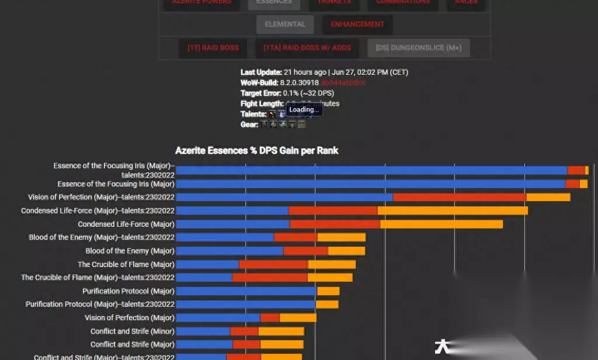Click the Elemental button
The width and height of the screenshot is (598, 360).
[285, 25]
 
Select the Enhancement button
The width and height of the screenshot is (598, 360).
[357, 25]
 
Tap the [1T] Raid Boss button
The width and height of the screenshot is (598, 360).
[213, 48]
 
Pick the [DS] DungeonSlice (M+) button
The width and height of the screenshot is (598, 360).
[418, 48]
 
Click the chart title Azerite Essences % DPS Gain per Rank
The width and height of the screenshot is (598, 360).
[257, 151]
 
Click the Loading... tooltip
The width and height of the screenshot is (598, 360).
[304, 109]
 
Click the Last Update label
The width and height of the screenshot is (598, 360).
[261, 72]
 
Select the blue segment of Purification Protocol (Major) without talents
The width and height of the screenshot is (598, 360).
[246, 291]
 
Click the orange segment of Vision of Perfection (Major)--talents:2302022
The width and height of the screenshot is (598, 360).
[548, 198]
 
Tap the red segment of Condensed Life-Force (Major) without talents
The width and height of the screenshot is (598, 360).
[335, 224]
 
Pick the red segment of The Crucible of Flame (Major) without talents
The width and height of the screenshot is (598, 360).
[273, 264]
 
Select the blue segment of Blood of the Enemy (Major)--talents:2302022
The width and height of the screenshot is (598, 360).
[225, 237]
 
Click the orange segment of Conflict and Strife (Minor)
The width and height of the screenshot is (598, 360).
[281, 331]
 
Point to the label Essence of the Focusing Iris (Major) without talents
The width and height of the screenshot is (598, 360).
[116, 184]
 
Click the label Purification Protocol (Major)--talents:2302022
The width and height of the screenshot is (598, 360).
[100, 304]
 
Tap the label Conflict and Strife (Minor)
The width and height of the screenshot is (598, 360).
[132, 331]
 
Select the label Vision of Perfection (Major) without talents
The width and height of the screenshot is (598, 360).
[129, 318]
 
